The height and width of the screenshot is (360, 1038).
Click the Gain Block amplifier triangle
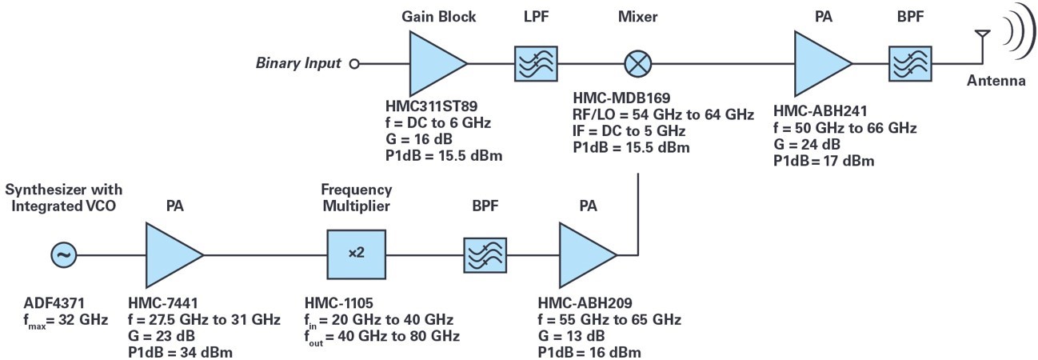pyautogui.click(x=433, y=63)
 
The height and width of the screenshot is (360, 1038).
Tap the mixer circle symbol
pyautogui.click(x=639, y=63)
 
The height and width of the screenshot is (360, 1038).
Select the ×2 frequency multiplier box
pyautogui.click(x=356, y=254)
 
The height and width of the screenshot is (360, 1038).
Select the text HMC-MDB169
pyautogui.click(x=617, y=99)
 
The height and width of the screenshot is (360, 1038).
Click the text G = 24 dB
pyautogui.click(x=810, y=145)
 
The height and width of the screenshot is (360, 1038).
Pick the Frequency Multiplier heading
pyautogui.click(x=357, y=198)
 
